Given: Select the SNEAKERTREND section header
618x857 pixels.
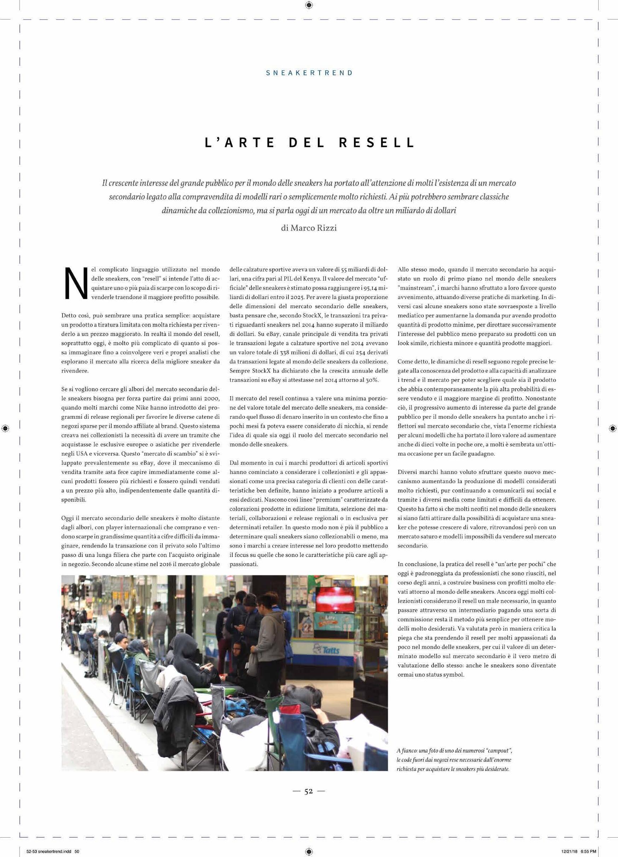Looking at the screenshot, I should [x=309, y=73].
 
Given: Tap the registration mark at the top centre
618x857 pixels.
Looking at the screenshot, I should [x=309, y=5].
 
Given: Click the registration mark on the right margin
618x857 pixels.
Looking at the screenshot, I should [x=613, y=428].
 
